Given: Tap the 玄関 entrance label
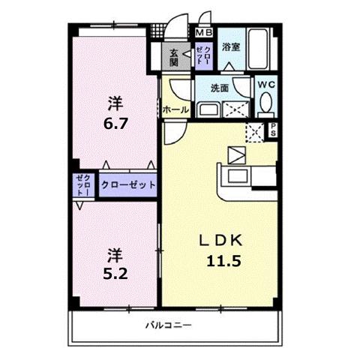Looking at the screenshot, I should click(174, 57).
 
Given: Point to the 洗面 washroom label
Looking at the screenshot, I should click(220, 88).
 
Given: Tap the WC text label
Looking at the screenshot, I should click(267, 85).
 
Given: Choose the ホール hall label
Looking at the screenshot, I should click(175, 109).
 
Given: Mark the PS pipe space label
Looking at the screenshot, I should click(273, 130).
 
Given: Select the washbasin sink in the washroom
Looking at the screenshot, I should click(207, 109).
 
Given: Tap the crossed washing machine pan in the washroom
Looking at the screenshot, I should click(238, 108).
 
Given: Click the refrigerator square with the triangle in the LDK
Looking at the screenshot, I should click(237, 157).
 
